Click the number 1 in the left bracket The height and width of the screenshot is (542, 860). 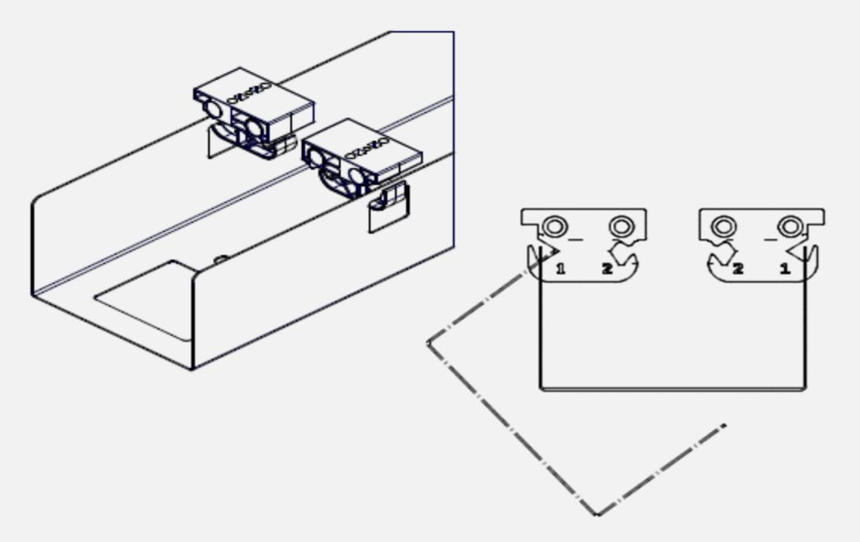click(x=560, y=269)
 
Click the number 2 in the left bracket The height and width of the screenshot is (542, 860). click(x=607, y=269)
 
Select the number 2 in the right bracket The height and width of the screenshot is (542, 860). click(x=738, y=269)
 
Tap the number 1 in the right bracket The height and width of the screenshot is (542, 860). click(x=785, y=269)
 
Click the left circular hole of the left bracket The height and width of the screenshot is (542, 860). click(x=555, y=226)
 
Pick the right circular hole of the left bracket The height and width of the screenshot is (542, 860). click(x=621, y=226)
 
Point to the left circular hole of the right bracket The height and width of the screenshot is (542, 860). click(x=724, y=226)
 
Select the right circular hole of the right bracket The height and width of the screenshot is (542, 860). click(x=790, y=226)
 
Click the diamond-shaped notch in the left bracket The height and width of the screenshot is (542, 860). click(x=622, y=254)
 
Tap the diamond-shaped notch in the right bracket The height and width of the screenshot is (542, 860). click(x=723, y=254)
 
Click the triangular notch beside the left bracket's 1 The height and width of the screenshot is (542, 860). click(x=550, y=252)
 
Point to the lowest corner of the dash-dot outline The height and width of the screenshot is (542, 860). click(x=597, y=515)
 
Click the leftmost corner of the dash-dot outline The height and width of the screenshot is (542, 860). click(x=428, y=343)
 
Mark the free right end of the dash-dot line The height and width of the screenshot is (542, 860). click(x=724, y=425)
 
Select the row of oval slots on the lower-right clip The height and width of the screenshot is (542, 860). click(x=367, y=149)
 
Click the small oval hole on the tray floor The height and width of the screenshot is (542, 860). click(x=221, y=259)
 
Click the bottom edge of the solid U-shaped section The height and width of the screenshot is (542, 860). click(x=673, y=389)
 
